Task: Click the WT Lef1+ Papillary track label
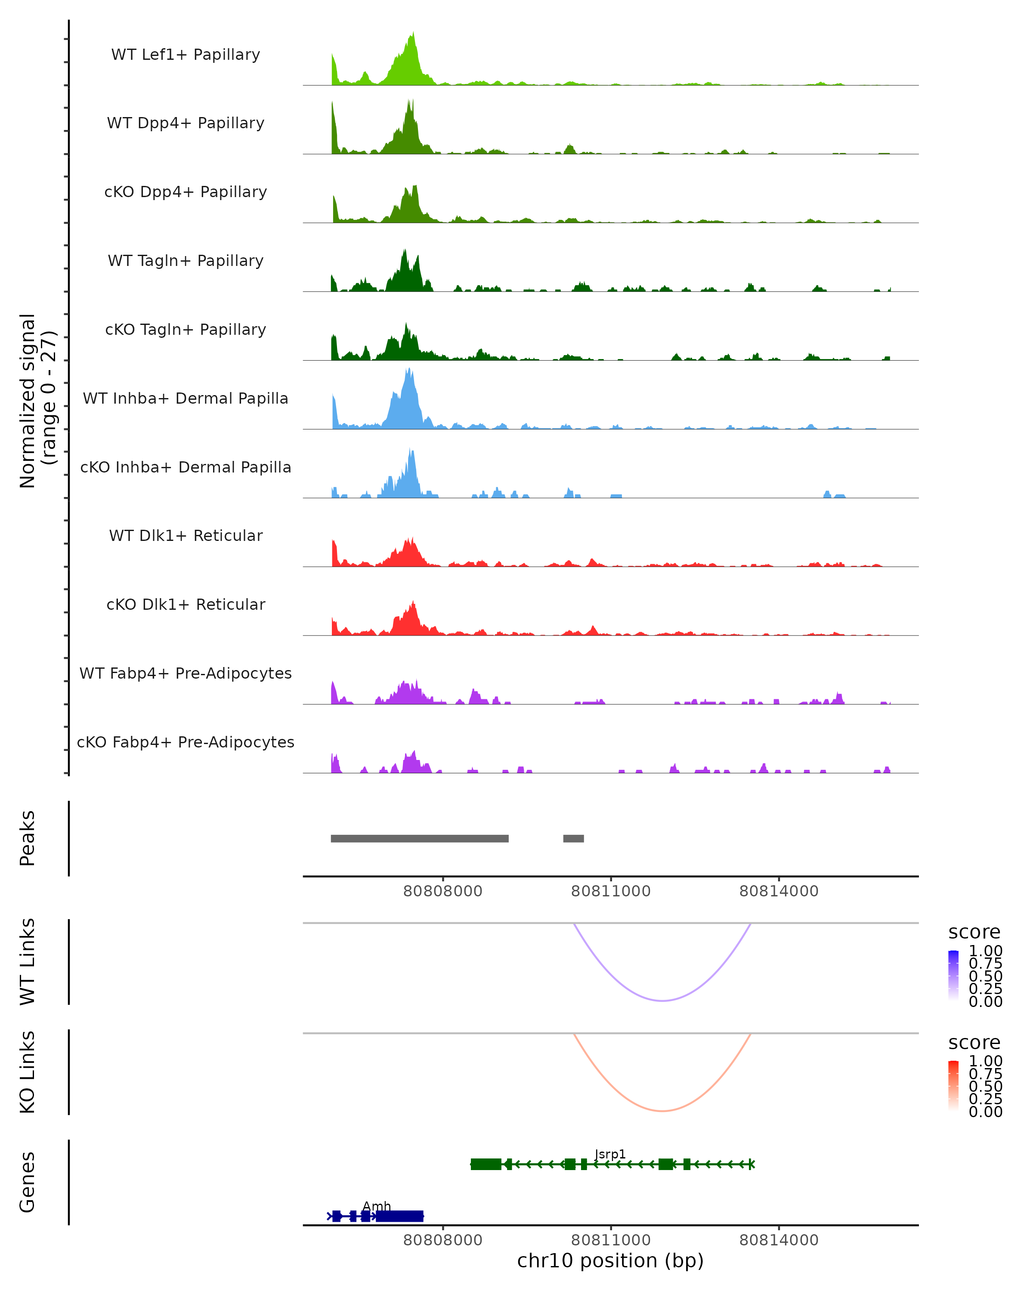(x=186, y=55)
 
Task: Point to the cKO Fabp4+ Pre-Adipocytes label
(x=186, y=742)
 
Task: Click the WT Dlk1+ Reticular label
(x=186, y=535)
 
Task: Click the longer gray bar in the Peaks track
(x=419, y=838)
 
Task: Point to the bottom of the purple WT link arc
(x=662, y=1000)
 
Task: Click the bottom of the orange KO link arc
(x=662, y=1111)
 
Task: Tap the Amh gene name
(x=377, y=1206)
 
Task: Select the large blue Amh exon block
(x=399, y=1216)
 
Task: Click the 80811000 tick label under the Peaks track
(x=610, y=891)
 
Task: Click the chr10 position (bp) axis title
(x=610, y=1260)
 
